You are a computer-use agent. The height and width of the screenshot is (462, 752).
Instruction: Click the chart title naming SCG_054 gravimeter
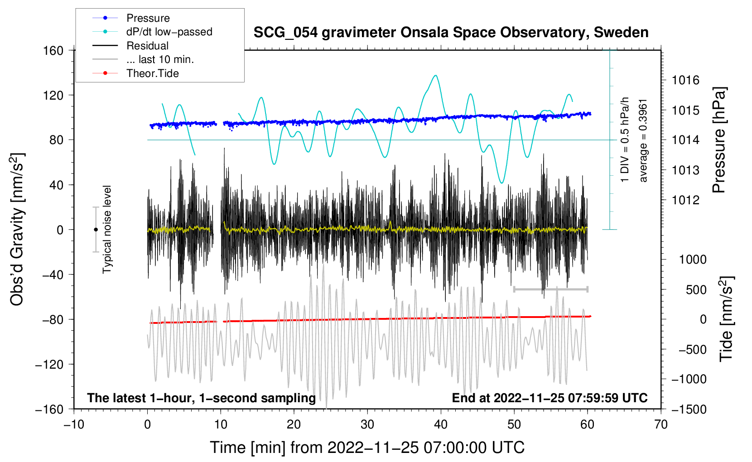[451, 33]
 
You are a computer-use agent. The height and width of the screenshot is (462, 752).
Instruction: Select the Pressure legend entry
[148, 18]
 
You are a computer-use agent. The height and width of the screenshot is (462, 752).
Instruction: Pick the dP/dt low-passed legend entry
[169, 32]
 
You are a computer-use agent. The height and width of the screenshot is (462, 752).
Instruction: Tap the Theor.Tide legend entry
[152, 73]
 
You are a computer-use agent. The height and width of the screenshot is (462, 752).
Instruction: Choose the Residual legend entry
[147, 46]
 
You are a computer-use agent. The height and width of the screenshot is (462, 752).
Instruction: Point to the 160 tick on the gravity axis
[53, 51]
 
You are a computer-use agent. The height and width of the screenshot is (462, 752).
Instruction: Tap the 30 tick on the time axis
[367, 424]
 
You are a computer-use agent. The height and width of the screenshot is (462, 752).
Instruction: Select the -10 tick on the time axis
[74, 424]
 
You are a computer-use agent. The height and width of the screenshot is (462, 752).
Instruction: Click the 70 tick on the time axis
[661, 424]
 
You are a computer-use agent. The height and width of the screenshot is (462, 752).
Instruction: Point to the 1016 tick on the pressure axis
[685, 81]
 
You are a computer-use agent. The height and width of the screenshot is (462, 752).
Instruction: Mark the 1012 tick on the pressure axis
[685, 200]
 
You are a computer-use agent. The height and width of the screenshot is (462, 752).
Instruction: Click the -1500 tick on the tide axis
[689, 409]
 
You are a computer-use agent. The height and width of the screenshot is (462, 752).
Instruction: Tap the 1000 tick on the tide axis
[693, 260]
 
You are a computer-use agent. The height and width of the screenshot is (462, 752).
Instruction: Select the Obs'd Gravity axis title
[17, 229]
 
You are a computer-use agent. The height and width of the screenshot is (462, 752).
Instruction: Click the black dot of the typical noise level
[96, 230]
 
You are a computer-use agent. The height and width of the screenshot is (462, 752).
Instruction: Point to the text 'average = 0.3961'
[643, 140]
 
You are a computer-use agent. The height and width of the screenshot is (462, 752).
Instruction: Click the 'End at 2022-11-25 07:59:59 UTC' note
[550, 398]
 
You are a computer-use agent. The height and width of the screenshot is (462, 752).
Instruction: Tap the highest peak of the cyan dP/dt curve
[436, 76]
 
